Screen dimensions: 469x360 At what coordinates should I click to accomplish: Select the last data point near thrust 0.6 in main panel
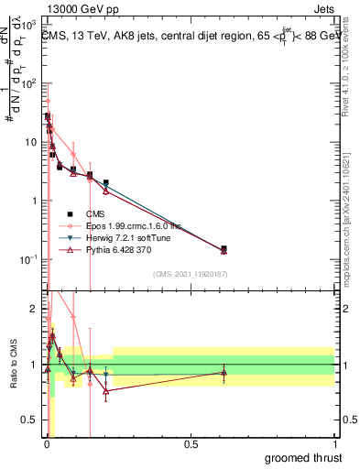(224, 249)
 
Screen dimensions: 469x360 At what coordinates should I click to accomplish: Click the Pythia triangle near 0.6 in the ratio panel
(224, 373)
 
